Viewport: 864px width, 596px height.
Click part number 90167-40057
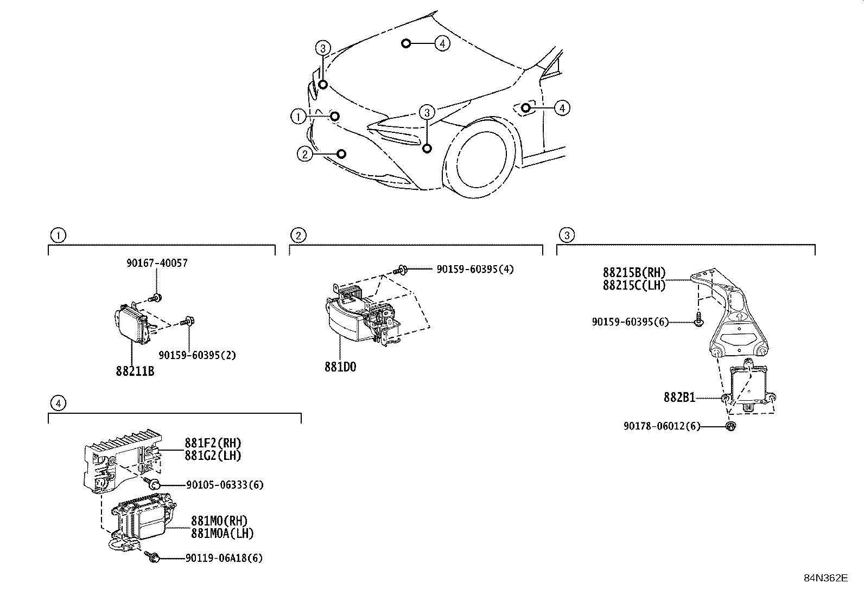click(157, 263)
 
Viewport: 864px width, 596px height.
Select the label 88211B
click(135, 371)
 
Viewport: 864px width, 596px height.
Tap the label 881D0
click(340, 367)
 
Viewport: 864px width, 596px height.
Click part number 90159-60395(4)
click(475, 269)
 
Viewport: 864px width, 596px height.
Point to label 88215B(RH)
click(634, 273)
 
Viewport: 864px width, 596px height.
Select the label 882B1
click(679, 398)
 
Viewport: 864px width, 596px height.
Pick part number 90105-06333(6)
click(224, 485)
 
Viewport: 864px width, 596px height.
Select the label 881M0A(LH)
click(222, 533)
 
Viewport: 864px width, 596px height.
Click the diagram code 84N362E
click(825, 578)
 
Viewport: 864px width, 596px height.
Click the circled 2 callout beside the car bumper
click(304, 154)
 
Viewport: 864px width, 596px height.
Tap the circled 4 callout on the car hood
click(442, 43)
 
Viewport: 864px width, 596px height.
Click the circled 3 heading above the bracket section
click(566, 235)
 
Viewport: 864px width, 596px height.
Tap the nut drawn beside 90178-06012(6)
click(730, 426)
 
